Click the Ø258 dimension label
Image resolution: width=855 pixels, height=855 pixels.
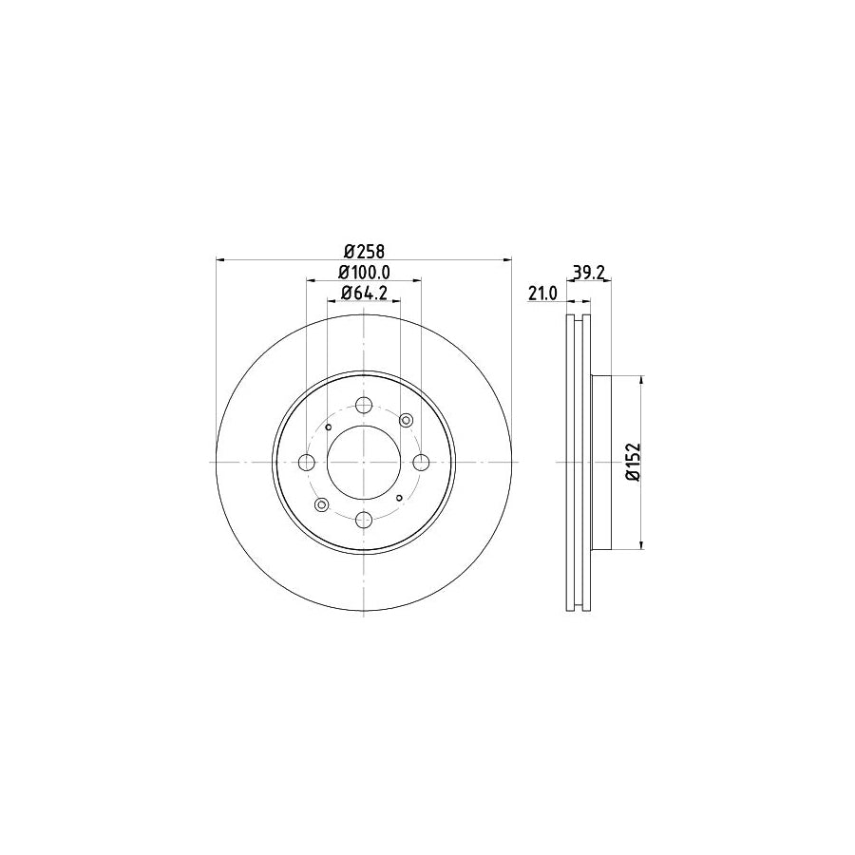click(363, 251)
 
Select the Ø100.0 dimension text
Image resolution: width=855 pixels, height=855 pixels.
click(366, 272)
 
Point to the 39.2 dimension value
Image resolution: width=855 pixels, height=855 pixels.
click(589, 272)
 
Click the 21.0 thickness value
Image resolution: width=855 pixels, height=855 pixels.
click(541, 294)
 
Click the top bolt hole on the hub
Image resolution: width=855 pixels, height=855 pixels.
click(364, 406)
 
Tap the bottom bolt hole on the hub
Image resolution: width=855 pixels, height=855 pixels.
click(364, 520)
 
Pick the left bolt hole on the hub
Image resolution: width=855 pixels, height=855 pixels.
click(307, 463)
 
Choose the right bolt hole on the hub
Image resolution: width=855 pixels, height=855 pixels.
click(421, 463)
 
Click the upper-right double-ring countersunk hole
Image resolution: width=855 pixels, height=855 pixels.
click(408, 420)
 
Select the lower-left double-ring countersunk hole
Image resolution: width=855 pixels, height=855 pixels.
click(321, 504)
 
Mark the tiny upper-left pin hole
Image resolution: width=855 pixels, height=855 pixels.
click(329, 427)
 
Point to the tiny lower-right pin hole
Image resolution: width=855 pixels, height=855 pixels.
click(400, 497)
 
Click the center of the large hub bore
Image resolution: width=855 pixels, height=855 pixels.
click(364, 463)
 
